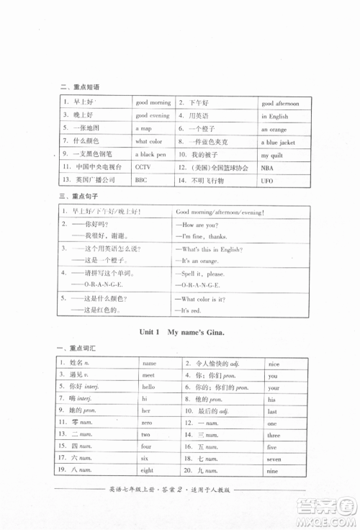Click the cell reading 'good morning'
pos(153,103)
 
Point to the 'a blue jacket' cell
pos(278,143)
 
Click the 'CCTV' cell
pos(143,166)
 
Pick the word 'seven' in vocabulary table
pos(274,459)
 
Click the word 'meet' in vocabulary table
pos(148,375)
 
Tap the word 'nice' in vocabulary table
pos(273,364)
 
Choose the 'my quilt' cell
pos(272,156)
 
